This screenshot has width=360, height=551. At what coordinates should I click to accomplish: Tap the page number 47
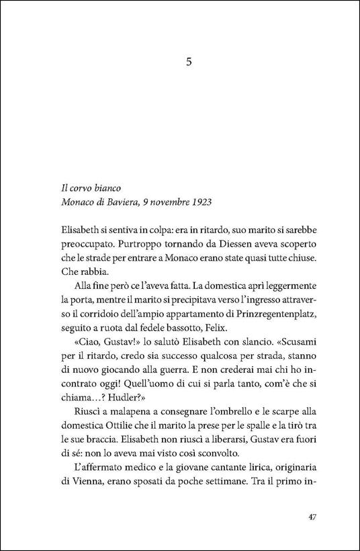(310, 517)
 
